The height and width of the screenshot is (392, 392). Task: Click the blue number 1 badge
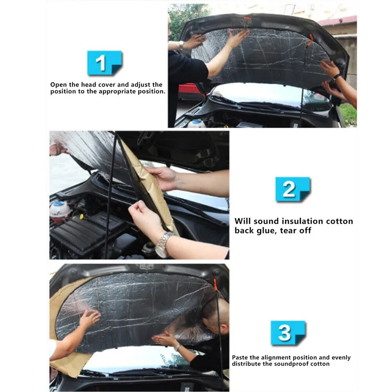(104, 63)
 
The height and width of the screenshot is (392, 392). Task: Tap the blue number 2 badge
(293, 189)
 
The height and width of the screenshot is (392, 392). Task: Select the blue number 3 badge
(288, 333)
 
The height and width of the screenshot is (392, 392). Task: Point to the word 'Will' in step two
(243, 221)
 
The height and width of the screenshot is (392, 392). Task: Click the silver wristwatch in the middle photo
(163, 244)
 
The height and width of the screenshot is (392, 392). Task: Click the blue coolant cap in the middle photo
(58, 204)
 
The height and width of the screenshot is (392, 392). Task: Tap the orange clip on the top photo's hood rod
(310, 40)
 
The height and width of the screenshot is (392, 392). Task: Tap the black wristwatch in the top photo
(337, 77)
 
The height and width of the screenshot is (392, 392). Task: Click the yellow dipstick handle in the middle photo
(81, 216)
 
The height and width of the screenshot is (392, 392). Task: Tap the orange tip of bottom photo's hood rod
(215, 285)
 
